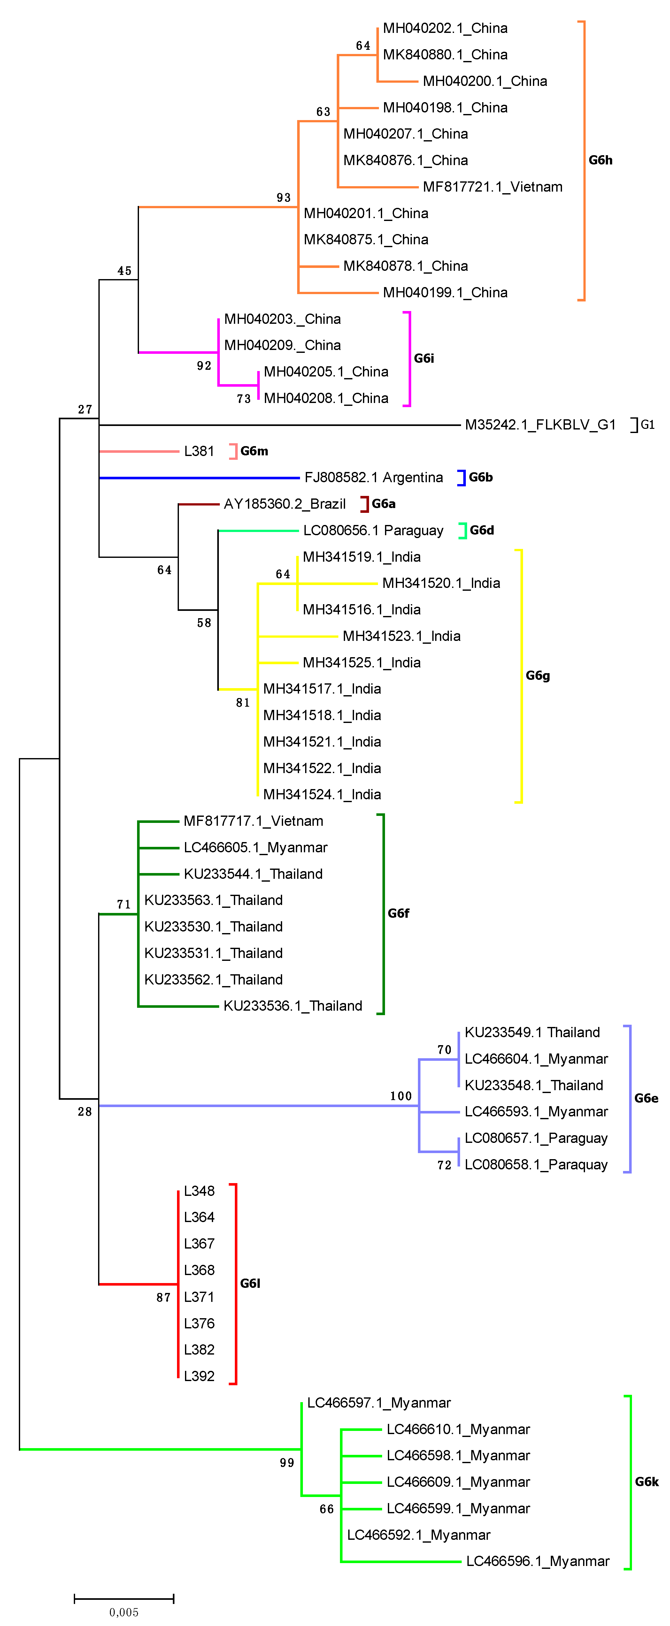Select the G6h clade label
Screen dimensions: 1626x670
pos(600,160)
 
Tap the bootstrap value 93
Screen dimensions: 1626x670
pos(283,198)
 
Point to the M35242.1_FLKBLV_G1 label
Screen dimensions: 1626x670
pos(540,425)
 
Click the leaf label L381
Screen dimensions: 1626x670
pos(199,451)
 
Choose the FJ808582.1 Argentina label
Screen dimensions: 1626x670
pos(373,478)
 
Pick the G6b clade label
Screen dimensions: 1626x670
pos(481,477)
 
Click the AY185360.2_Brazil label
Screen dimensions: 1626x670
pos(285,504)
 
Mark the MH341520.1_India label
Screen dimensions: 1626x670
pos(441,583)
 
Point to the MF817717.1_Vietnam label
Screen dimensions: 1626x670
pos(253,821)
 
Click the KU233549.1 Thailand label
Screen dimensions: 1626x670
pos(532,1033)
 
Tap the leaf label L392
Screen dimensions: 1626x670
pos(199,1376)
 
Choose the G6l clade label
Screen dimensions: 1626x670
pos(250,1283)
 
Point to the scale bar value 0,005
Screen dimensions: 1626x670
pos(124,1612)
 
